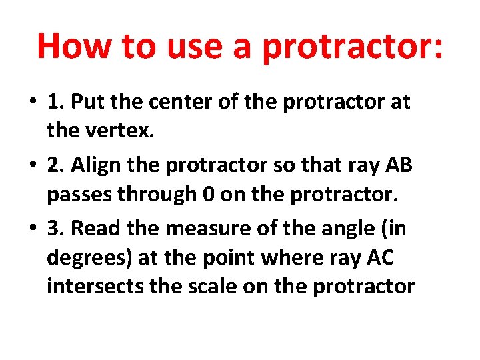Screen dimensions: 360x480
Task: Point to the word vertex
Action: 122,132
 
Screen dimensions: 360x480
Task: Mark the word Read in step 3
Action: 94,228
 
